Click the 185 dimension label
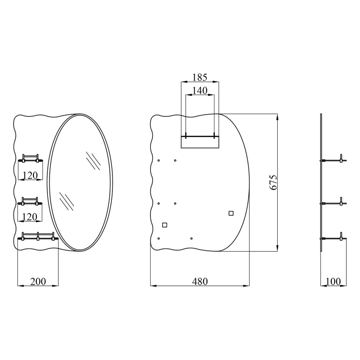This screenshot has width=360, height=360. [200, 77]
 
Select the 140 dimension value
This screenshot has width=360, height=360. [200, 91]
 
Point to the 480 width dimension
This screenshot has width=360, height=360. [200, 281]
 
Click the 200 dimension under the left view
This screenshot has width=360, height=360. [38, 281]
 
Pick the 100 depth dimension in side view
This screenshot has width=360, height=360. [333, 281]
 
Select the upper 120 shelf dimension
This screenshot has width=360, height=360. [30, 176]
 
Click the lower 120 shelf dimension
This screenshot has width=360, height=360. [30, 217]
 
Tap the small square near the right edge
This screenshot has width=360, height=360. [231, 213]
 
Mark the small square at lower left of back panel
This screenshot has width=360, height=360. [165, 225]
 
